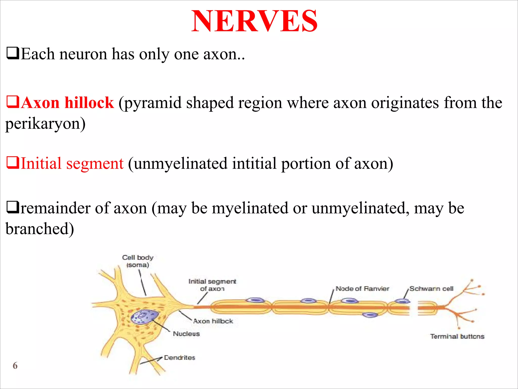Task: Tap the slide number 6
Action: click(15, 365)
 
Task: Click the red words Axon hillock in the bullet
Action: click(67, 103)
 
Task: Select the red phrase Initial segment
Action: click(72, 163)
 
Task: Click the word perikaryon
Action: click(45, 124)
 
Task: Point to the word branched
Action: click(39, 229)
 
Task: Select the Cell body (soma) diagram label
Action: click(138, 261)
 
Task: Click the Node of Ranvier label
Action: click(362, 289)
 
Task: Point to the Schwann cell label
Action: click(431, 289)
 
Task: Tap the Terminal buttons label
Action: click(457, 336)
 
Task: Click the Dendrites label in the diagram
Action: click(180, 358)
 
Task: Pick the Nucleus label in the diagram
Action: click(186, 334)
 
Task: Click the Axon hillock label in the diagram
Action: click(213, 321)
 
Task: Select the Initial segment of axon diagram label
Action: click(212, 285)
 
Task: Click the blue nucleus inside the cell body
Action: click(144, 317)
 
